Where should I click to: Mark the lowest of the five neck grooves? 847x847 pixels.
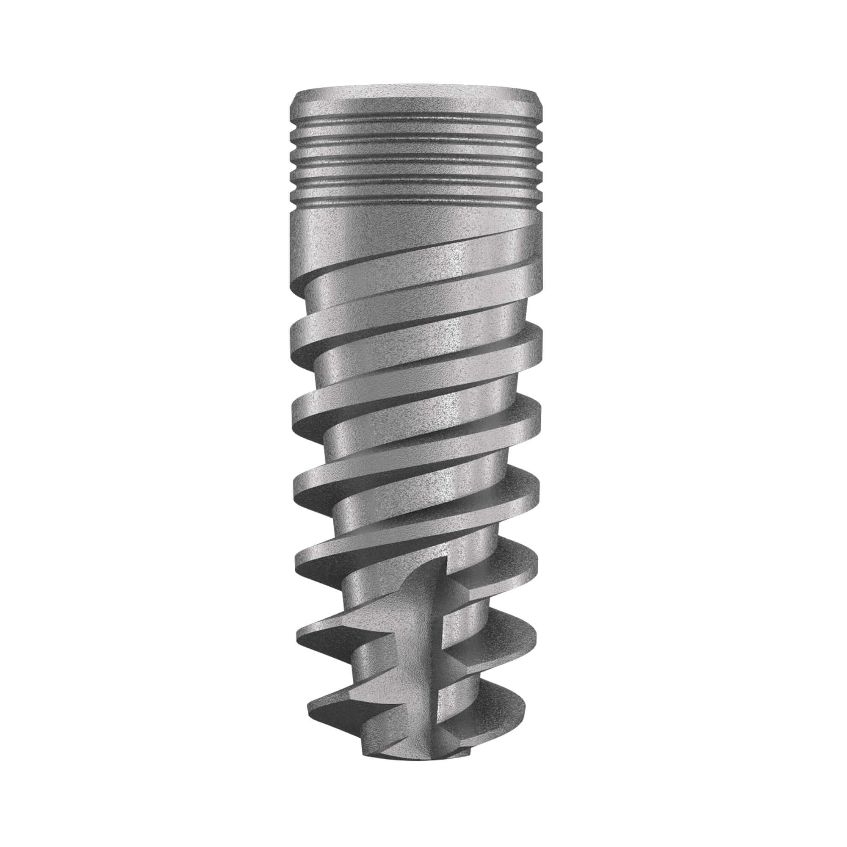[416, 202]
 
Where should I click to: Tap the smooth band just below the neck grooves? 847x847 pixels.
[395, 228]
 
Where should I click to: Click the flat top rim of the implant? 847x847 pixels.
[416, 94]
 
